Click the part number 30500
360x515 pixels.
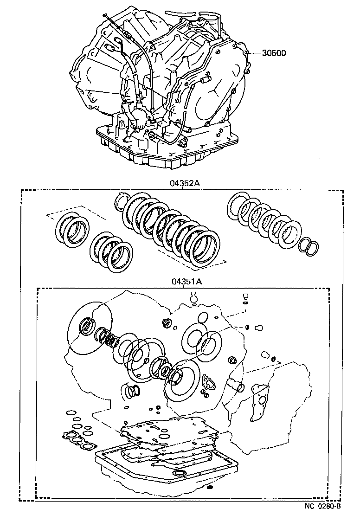[274, 53]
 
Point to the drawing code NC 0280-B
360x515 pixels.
[323, 506]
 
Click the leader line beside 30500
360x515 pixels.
[255, 53]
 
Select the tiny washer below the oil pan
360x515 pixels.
[210, 500]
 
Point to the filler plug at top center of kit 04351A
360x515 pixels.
[194, 297]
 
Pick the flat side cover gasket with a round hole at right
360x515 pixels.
[259, 395]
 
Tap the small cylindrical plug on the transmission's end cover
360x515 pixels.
[205, 81]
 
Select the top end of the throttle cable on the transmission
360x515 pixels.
[108, 17]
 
